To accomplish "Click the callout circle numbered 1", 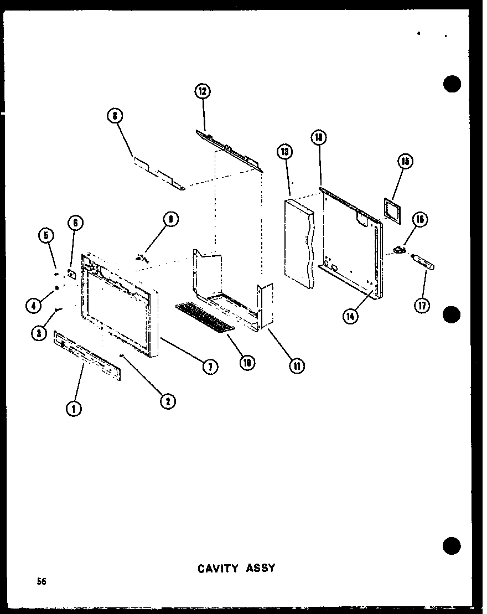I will pos(74,408).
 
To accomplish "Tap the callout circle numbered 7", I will pos(210,366).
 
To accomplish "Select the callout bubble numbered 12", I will pos(203,91).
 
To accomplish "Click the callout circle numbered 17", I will pos(423,305).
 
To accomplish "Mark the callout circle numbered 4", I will pos(33,304).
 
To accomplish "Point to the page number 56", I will pos(42,581).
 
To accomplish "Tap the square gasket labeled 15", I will pos(391,210).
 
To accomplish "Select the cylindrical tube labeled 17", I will pos(424,262).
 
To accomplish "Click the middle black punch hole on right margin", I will pos(452,314).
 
